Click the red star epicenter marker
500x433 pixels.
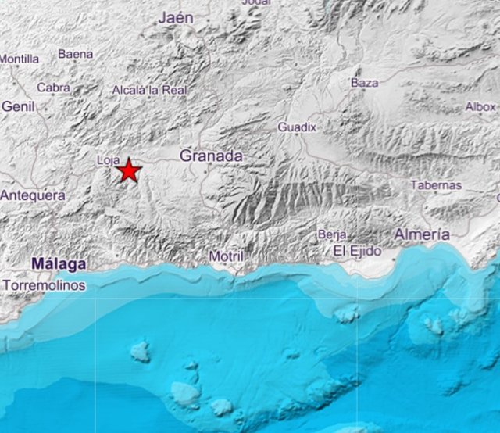click(x=128, y=170)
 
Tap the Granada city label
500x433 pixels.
click(x=211, y=156)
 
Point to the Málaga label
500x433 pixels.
click(x=59, y=264)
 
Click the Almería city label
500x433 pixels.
click(x=422, y=234)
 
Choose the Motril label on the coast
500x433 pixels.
click(x=227, y=256)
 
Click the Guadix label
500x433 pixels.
click(x=297, y=127)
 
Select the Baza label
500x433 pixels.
click(x=364, y=82)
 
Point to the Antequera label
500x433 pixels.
click(x=33, y=195)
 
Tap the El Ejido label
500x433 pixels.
click(x=357, y=251)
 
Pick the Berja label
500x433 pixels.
click(x=331, y=234)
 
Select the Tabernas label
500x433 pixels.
click(x=436, y=185)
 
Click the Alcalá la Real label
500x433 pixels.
click(x=150, y=90)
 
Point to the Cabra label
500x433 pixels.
click(x=53, y=88)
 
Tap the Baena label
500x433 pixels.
click(x=75, y=54)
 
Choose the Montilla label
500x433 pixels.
click(x=20, y=59)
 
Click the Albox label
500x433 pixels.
click(x=480, y=106)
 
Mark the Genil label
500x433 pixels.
click(x=19, y=106)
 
